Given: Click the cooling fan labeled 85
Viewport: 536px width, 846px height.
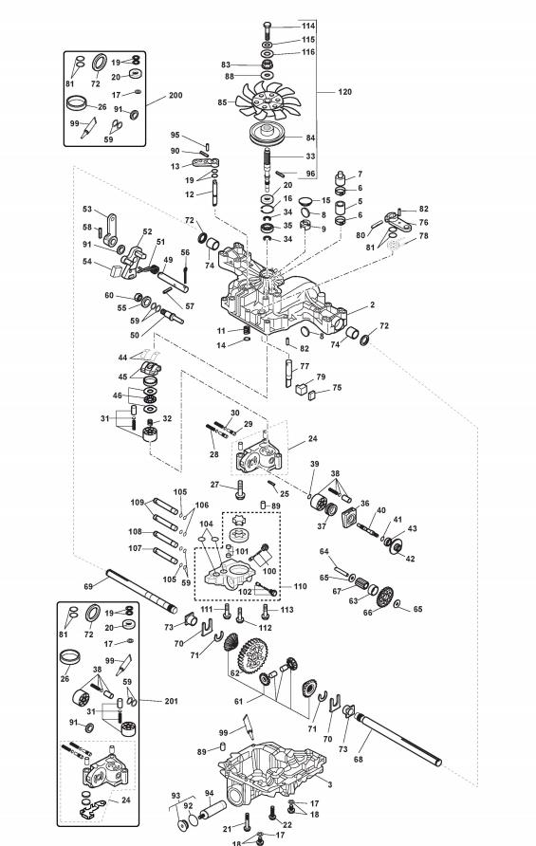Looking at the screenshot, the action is [x=268, y=101].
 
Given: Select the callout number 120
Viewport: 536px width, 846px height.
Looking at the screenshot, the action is [x=344, y=92].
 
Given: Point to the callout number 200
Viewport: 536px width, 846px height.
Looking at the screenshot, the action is [x=176, y=96].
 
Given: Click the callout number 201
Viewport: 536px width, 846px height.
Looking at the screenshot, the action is [x=171, y=701].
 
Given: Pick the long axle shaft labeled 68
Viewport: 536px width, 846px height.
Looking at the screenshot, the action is [x=397, y=738].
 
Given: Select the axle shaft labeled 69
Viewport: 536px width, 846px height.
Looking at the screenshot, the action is [x=141, y=591].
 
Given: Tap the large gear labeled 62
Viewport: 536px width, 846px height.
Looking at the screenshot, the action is [x=252, y=655].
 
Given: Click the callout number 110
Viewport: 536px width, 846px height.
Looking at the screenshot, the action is [x=300, y=586].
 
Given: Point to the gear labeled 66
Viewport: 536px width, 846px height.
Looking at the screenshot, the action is [x=385, y=597].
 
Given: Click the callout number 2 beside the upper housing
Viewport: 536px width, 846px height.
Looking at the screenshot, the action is [x=373, y=304].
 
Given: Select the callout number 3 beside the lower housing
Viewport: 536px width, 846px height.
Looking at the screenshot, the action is [x=330, y=785].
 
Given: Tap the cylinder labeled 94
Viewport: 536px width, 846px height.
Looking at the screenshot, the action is [x=213, y=810].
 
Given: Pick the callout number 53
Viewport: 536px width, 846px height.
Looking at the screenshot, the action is [x=87, y=210].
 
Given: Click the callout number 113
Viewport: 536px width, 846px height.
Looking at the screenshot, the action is [x=287, y=610].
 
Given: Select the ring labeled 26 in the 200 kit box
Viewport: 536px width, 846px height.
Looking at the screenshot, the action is [x=79, y=102].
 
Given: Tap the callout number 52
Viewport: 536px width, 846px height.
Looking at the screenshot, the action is [x=147, y=231].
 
